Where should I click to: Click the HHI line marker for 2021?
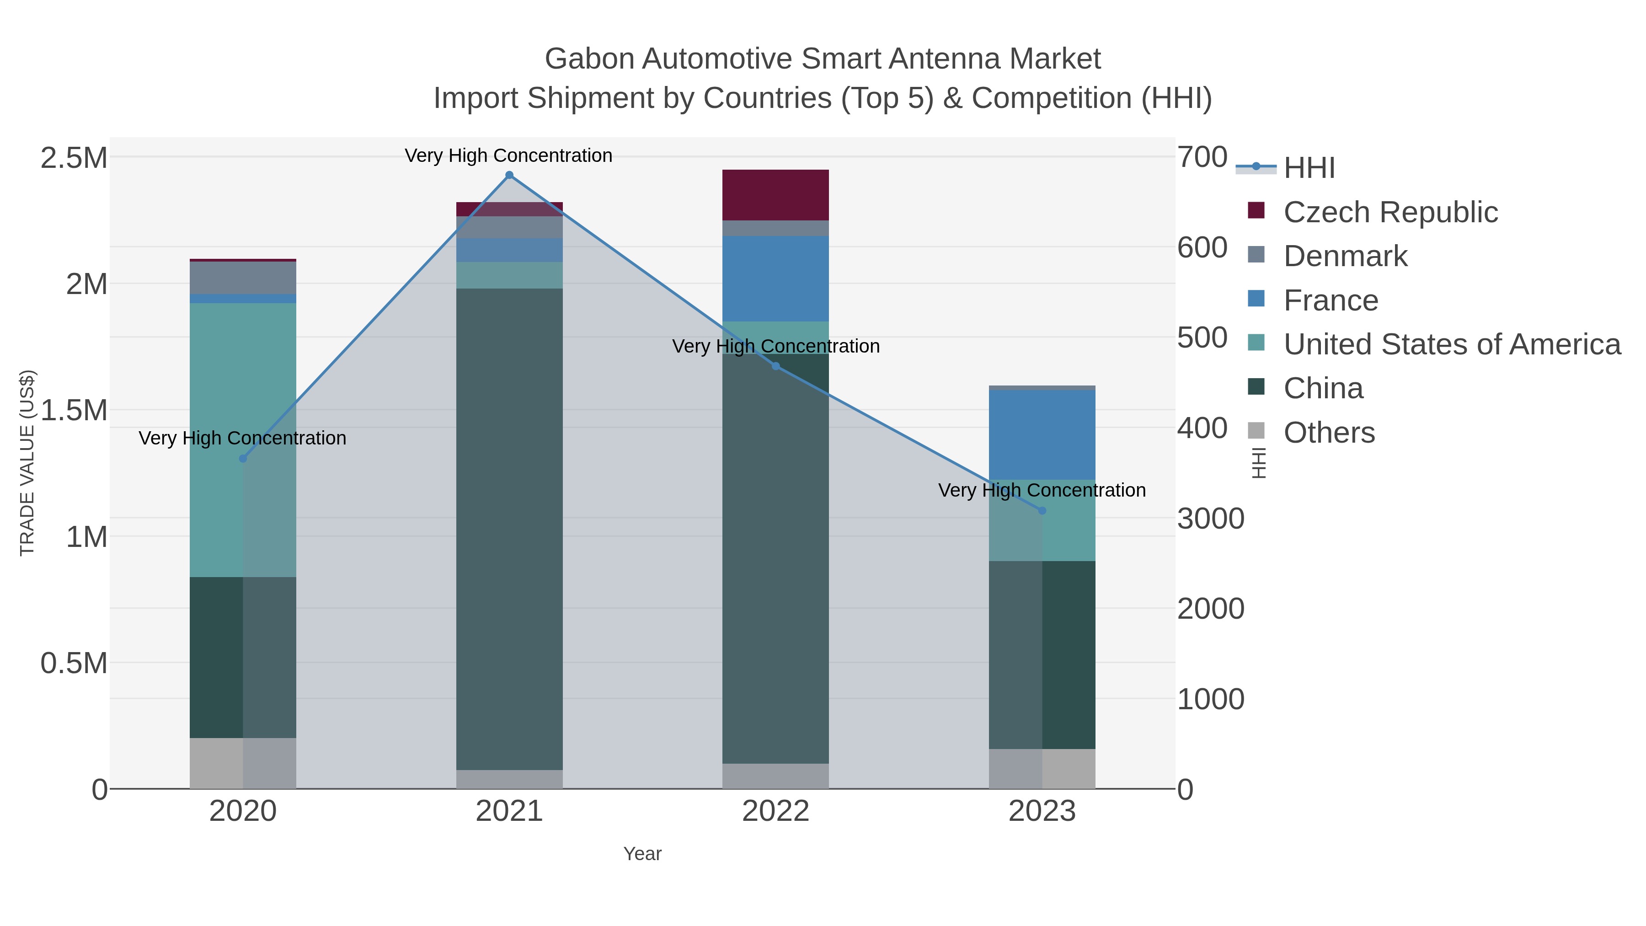(x=509, y=175)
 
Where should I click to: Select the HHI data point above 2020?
(x=243, y=458)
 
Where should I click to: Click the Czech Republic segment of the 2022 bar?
(x=776, y=195)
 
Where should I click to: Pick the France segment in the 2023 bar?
(x=1042, y=434)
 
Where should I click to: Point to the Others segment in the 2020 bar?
(x=243, y=763)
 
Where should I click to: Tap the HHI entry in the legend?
(x=1309, y=168)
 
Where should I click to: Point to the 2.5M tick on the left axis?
(x=74, y=158)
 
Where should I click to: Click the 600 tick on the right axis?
(x=1202, y=247)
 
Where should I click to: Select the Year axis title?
(x=642, y=854)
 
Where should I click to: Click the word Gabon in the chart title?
(x=589, y=59)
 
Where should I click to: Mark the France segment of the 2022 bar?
(x=776, y=278)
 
